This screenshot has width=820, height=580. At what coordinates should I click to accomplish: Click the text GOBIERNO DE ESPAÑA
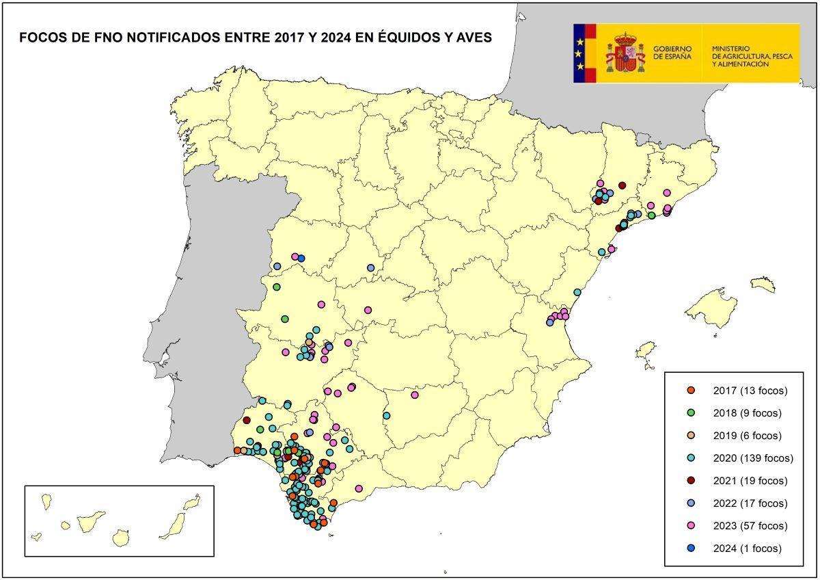click(x=672, y=53)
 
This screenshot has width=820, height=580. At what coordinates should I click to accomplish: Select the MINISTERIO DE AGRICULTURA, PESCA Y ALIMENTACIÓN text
click(x=752, y=56)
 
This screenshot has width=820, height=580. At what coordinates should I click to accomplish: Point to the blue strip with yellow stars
click(x=579, y=53)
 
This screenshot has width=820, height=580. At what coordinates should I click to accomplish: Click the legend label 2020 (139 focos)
click(x=752, y=458)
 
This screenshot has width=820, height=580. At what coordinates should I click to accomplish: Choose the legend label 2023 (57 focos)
click(x=750, y=526)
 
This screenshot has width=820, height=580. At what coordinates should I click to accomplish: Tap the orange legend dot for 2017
click(x=691, y=391)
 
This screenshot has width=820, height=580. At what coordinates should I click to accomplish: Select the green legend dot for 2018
click(x=691, y=413)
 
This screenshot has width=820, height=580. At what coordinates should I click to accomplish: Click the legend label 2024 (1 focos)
click(x=747, y=549)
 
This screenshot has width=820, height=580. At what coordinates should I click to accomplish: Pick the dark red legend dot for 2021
click(x=691, y=481)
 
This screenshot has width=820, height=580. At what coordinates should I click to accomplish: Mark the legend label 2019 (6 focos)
click(x=747, y=436)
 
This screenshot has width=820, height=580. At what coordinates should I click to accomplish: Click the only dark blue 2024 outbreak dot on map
click(x=301, y=258)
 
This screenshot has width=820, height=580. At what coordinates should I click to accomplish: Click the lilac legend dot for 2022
click(x=691, y=503)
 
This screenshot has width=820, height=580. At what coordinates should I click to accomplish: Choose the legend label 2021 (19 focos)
click(x=750, y=481)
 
